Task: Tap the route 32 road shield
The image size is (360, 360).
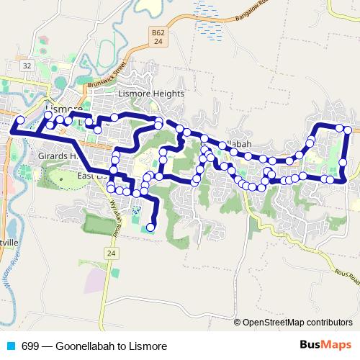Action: tap(27, 66)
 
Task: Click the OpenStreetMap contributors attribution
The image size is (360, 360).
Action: tap(297, 323)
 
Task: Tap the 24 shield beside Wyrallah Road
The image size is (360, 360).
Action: tap(110, 253)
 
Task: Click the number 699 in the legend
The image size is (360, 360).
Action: tap(30, 346)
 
